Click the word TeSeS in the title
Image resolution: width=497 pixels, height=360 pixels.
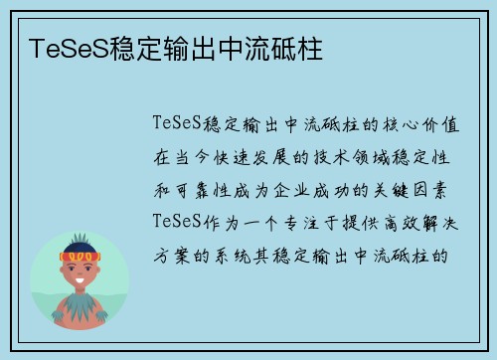point(62,46)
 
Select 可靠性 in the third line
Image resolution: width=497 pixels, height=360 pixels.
point(221,188)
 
